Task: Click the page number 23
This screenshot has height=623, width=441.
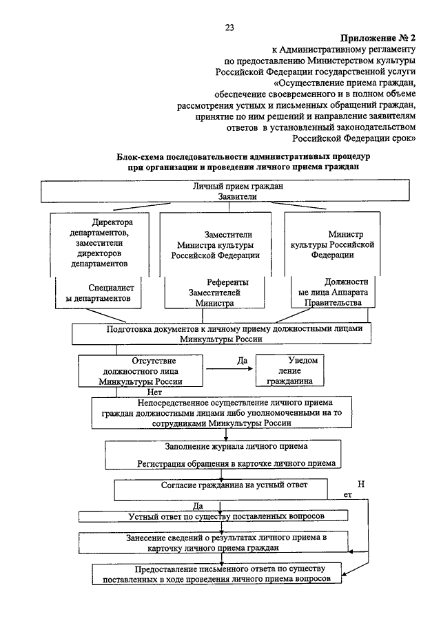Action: tap(229, 28)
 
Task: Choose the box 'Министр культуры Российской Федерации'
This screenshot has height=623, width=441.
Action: tap(342, 244)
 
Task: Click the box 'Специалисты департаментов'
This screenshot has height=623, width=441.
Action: tap(99, 293)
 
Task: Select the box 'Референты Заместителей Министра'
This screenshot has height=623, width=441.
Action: tap(220, 293)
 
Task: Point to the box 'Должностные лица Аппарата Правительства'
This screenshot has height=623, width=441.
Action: tap(342, 293)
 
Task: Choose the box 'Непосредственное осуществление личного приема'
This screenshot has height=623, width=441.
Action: tap(220, 412)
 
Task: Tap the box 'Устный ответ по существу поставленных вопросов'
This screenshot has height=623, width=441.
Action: tap(214, 516)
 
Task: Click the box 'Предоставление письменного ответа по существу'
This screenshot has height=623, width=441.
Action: tap(218, 573)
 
